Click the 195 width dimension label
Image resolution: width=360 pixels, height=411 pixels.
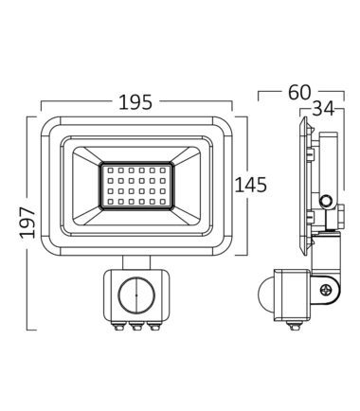click(x=135, y=102)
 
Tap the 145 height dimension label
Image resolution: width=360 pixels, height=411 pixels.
click(x=250, y=185)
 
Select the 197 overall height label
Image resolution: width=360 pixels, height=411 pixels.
click(x=27, y=223)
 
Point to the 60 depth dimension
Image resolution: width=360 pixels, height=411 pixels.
click(x=299, y=92)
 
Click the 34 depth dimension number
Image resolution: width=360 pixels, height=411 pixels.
click(x=323, y=109)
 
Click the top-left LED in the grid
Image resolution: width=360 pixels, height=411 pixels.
click(x=111, y=170)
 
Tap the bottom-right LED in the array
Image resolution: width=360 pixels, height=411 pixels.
click(x=163, y=202)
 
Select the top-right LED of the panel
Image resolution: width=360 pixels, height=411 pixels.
click(x=163, y=170)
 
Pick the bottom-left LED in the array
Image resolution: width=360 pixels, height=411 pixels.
click(x=111, y=202)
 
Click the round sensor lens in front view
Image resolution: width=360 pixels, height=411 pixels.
click(x=136, y=295)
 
